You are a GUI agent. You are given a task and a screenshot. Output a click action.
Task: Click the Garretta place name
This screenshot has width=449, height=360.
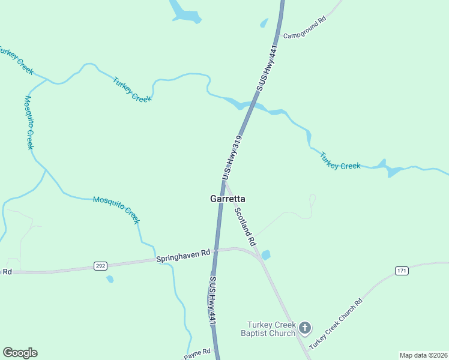click(x=227, y=199)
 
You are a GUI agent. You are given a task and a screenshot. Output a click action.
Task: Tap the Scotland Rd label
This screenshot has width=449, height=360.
click(x=245, y=227)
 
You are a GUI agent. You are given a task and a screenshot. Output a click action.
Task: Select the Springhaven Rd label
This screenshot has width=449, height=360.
click(x=183, y=256)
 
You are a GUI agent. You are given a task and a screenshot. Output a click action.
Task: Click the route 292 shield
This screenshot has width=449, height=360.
click(x=100, y=266)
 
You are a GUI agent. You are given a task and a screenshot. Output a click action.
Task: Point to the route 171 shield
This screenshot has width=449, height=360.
click(x=402, y=271)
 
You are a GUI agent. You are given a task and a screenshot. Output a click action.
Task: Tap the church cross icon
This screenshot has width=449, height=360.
click(x=305, y=328)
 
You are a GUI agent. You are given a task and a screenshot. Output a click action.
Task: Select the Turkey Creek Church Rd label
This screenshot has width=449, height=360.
click(x=337, y=324)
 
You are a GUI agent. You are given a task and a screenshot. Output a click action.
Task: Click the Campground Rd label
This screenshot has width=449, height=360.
click(x=304, y=28)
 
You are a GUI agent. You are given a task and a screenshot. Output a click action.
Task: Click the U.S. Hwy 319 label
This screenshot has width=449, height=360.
click(x=232, y=157)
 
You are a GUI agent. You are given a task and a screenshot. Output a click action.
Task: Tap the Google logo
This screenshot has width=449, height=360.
click(x=20, y=353)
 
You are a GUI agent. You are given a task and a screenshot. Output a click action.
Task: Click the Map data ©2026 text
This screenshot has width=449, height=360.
click(x=423, y=355)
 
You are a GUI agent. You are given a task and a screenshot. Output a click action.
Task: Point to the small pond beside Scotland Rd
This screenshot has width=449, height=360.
click(x=266, y=254)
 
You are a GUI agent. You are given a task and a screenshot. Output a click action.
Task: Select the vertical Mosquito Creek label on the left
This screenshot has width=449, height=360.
click(x=29, y=123)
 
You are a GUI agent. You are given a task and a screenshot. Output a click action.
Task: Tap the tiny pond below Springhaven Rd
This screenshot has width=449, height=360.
click(x=109, y=278)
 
